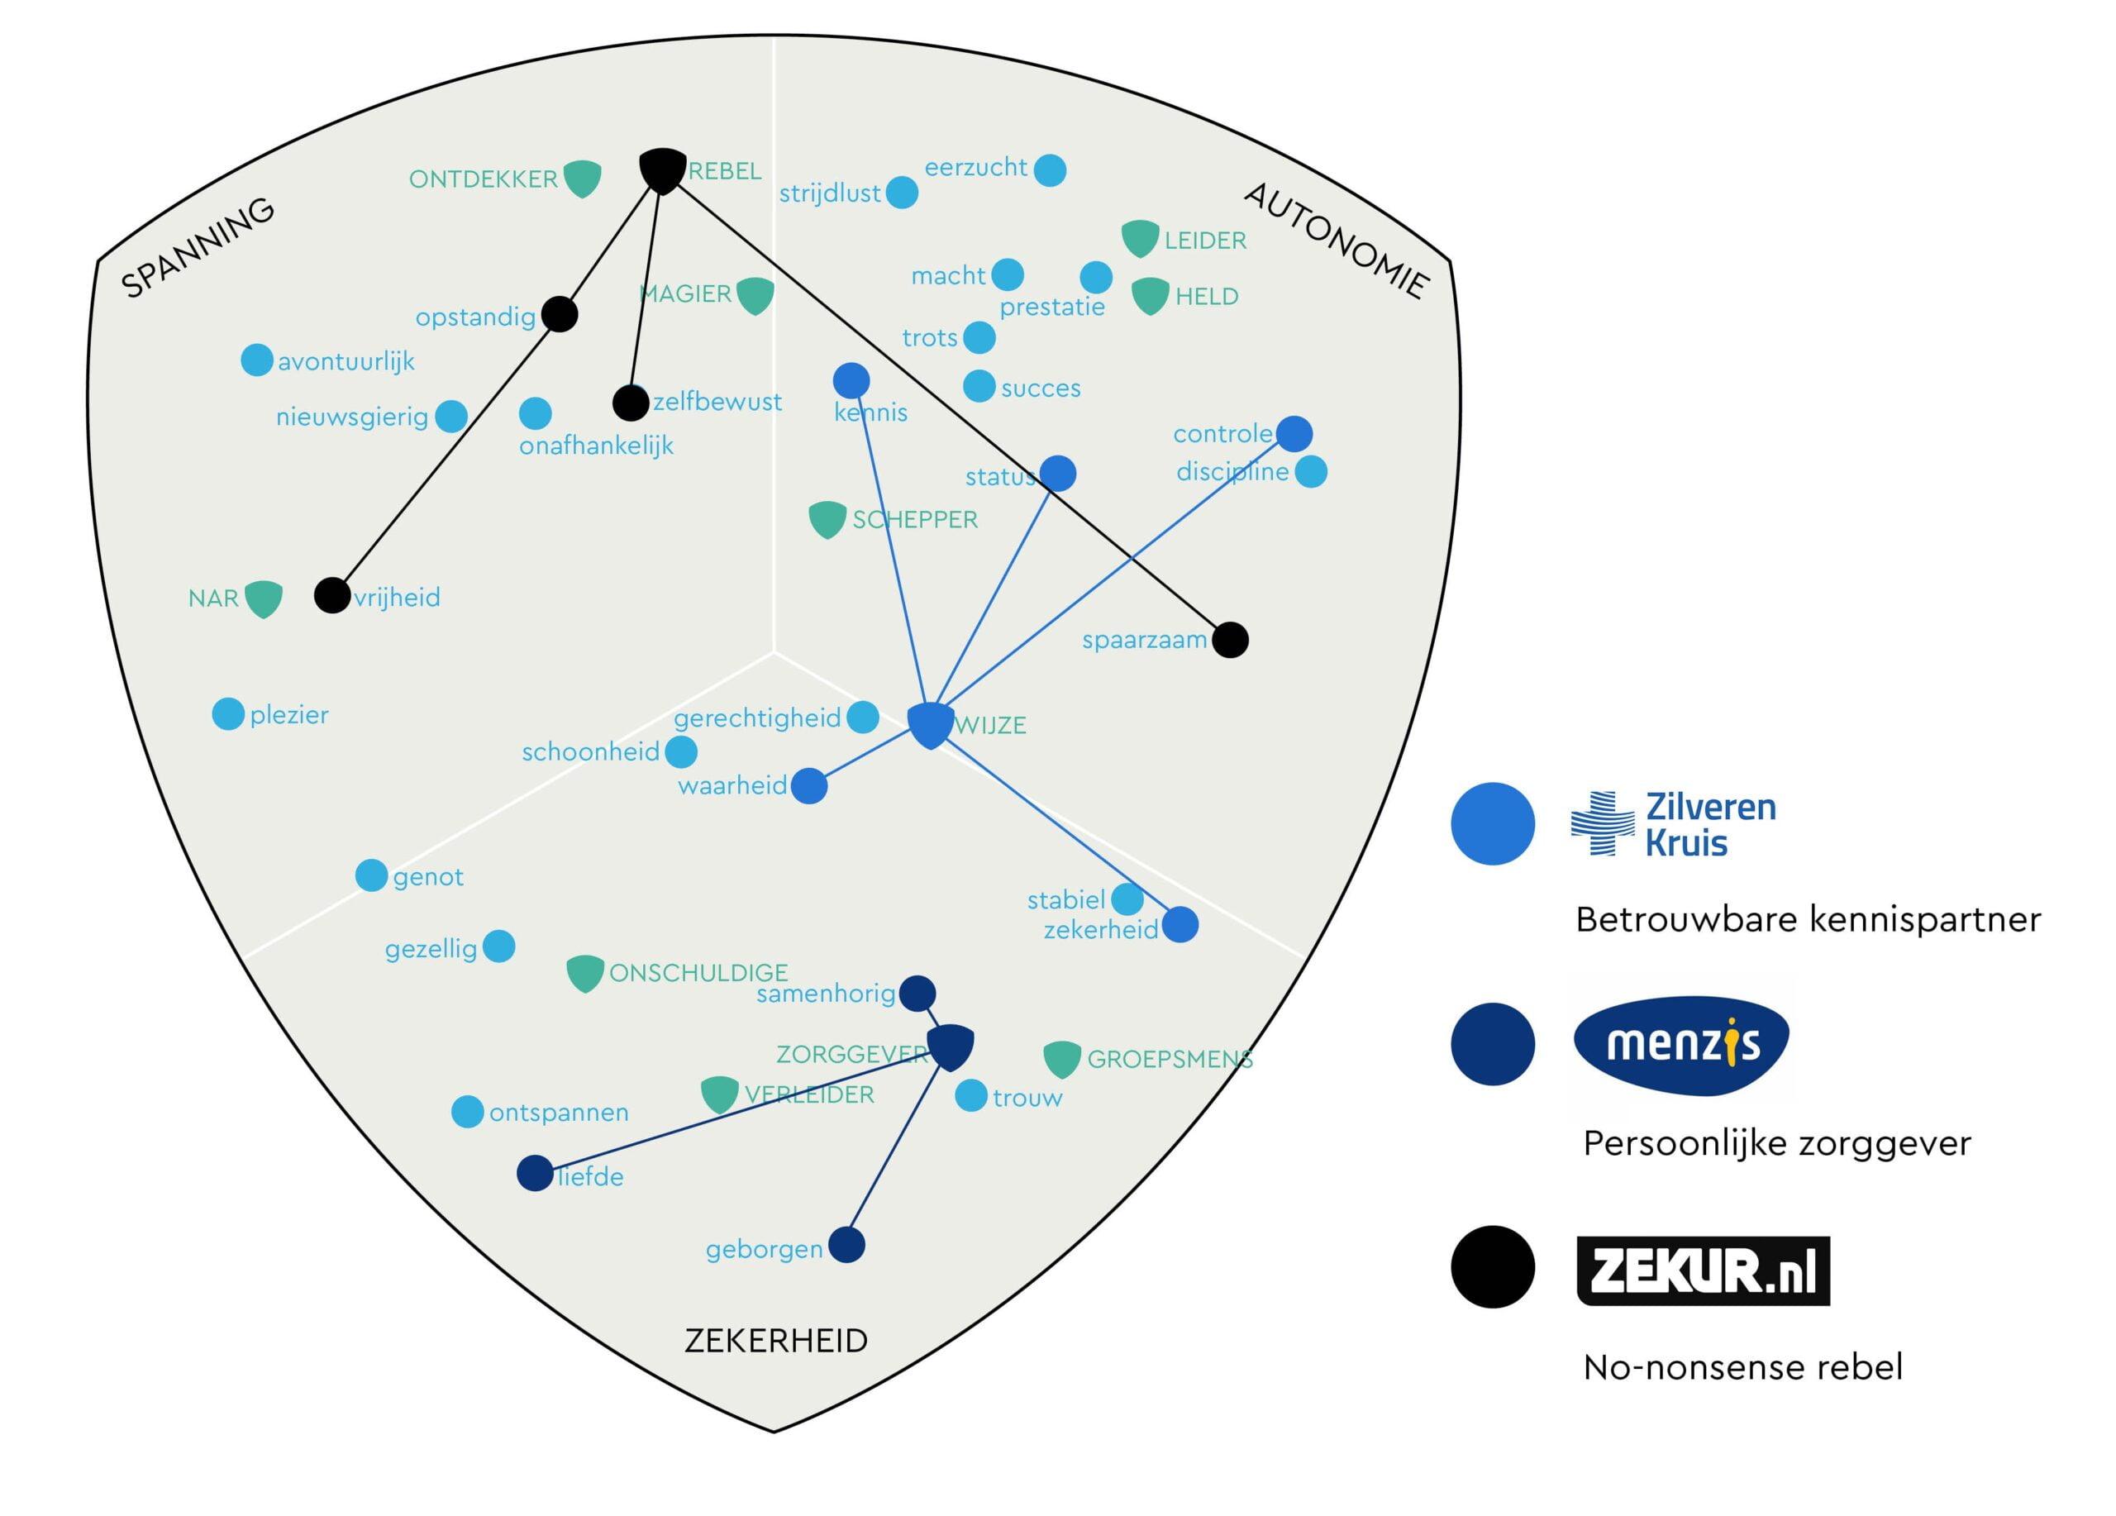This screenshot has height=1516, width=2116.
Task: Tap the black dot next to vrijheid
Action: point(331,595)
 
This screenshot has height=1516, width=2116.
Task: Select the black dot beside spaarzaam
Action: point(1230,640)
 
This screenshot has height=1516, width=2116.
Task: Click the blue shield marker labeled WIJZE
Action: point(930,726)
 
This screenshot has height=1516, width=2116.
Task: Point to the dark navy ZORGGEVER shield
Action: point(951,1046)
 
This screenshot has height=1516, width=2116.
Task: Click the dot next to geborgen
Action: point(846,1245)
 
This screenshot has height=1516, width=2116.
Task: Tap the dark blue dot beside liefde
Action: point(536,1173)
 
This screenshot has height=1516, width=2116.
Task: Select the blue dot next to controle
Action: point(1294,433)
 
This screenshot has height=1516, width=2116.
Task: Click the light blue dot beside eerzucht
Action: point(1050,169)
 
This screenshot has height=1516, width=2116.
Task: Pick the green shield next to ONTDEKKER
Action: point(582,179)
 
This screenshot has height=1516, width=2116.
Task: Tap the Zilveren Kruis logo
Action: point(1674,824)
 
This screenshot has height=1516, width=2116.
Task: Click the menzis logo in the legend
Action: point(1681,1043)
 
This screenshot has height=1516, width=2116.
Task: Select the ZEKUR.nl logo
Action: point(1703,1270)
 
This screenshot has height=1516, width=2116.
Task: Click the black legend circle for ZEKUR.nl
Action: point(1493,1267)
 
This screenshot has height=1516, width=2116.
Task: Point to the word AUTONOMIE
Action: point(1336,241)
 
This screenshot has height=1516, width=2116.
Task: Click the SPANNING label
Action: point(198,247)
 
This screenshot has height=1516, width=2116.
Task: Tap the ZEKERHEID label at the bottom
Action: point(776,1341)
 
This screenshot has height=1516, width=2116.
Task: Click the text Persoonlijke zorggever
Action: point(1776,1143)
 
